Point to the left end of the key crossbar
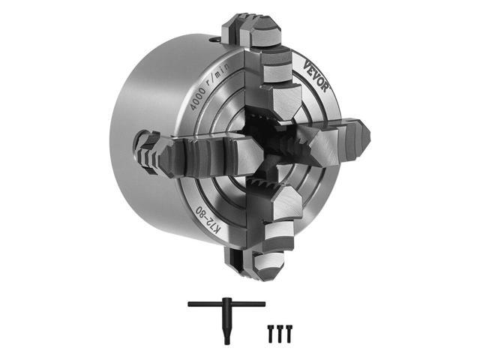(190, 303)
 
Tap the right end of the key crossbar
(262, 303)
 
